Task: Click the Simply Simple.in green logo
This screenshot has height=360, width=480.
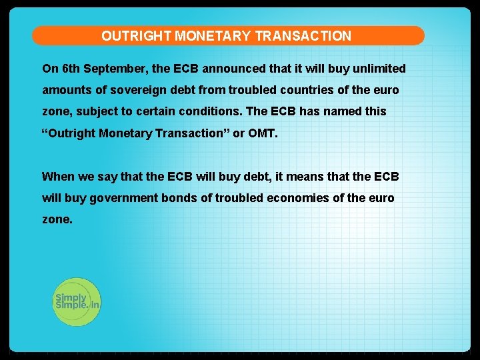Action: click(x=76, y=301)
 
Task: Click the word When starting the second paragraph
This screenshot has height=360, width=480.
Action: click(x=58, y=177)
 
